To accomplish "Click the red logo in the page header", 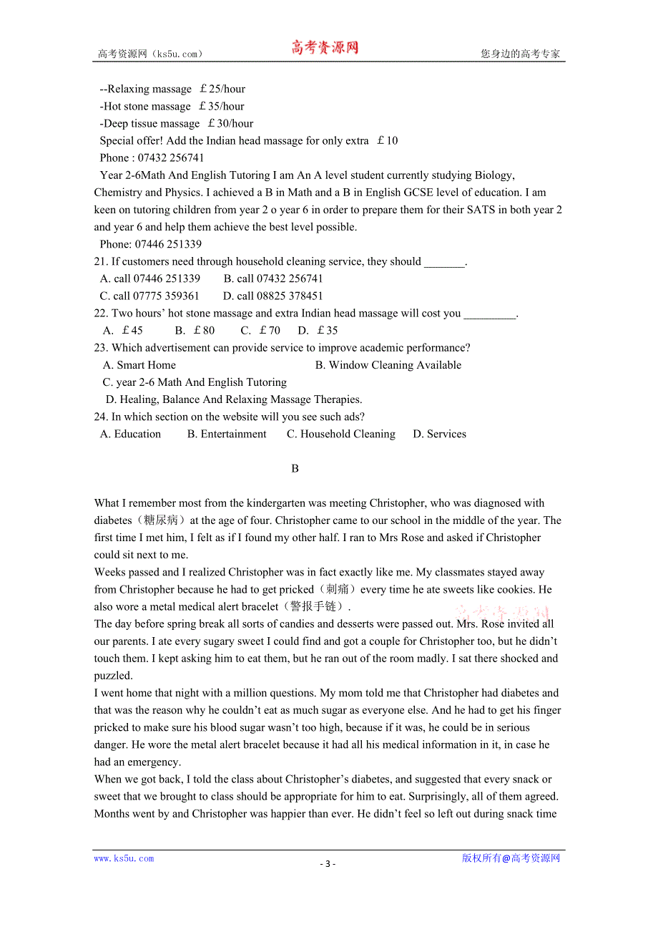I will (x=325, y=48).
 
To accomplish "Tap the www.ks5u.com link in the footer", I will (x=124, y=858).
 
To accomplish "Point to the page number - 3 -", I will (x=328, y=863).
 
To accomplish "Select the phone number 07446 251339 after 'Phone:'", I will (x=168, y=244).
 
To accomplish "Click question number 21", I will (x=101, y=262).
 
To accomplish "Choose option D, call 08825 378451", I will (x=272, y=296).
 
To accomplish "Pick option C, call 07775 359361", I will (x=149, y=296).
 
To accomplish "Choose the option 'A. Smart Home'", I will (x=139, y=365).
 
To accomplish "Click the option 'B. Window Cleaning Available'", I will (x=388, y=365).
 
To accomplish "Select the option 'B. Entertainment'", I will (x=227, y=435).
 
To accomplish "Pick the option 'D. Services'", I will (x=439, y=435).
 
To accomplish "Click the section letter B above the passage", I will (x=295, y=469).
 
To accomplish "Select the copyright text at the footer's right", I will (x=511, y=858).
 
